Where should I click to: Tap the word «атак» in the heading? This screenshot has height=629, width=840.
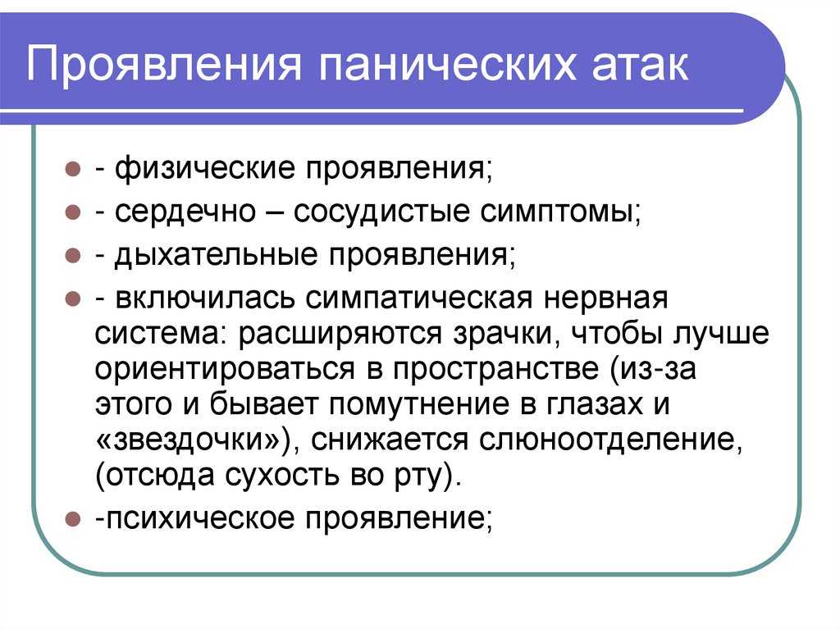pos(641,65)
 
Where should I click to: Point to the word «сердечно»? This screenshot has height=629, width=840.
pos(185,212)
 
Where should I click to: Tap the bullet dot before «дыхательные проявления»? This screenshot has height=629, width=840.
pos(72,255)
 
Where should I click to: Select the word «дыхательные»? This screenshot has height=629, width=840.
pos(216,256)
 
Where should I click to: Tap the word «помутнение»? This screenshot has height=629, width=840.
pos(418,405)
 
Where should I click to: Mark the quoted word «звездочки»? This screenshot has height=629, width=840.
pos(195,440)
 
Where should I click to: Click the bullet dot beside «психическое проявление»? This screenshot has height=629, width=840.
pos(72,518)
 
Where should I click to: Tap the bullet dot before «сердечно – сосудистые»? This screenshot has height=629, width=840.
pos(72,212)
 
